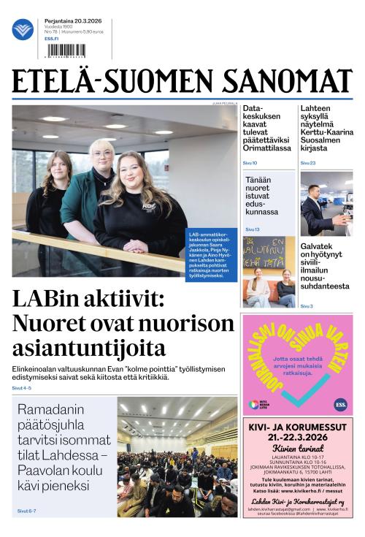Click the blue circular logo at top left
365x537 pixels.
point(23,30)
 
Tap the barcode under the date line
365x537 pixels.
point(64,50)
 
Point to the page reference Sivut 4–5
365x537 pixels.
point(22,388)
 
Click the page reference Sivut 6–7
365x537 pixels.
point(26,511)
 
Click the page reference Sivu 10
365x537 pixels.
point(250,163)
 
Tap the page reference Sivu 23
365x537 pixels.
point(307,163)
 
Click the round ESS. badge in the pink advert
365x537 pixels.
point(341,403)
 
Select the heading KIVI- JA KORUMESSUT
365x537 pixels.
point(297,424)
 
